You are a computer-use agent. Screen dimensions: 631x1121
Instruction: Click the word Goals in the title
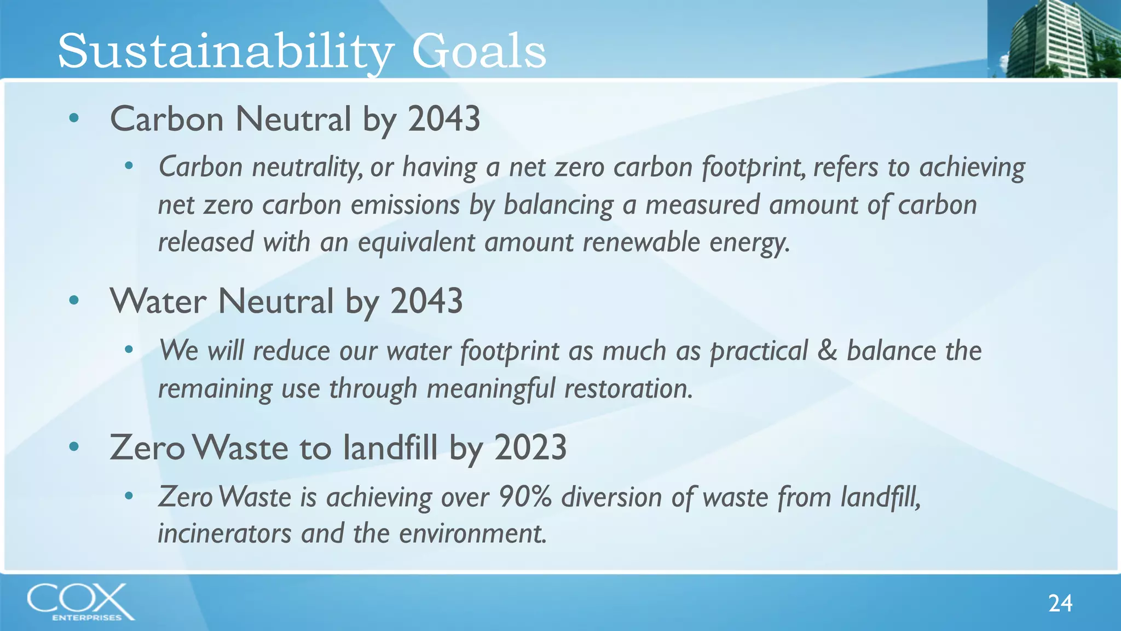pos(478,51)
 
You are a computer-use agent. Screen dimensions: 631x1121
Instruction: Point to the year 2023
pos(530,447)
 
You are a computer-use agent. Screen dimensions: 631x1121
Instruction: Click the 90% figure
pos(525,497)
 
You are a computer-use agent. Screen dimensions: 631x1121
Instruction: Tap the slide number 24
pos(1060,603)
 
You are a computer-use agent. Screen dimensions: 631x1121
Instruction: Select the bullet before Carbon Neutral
pos(74,118)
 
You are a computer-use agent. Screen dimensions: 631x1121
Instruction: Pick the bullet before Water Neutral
pos(74,300)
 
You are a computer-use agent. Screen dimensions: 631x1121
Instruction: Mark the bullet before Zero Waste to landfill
pos(74,446)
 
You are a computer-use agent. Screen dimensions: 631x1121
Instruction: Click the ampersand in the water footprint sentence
pos(827,351)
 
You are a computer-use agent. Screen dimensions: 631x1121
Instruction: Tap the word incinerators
pos(224,534)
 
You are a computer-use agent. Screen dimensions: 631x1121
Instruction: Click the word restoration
pos(628,388)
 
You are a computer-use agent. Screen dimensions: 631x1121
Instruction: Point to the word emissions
pos(405,205)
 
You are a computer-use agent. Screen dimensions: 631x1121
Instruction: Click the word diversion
pos(612,497)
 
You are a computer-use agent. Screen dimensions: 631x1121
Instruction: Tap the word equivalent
pos(417,242)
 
